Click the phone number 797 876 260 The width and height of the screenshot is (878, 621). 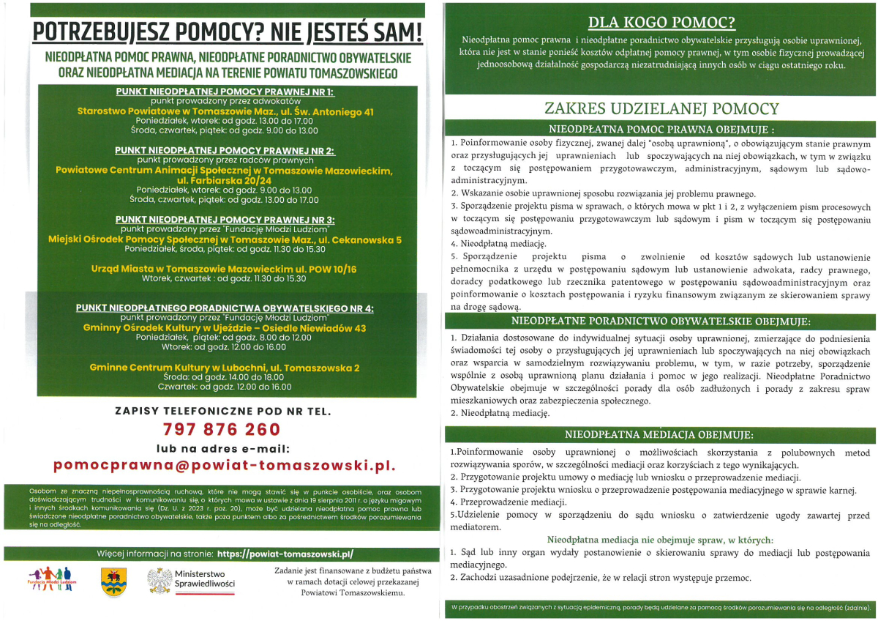point(222,429)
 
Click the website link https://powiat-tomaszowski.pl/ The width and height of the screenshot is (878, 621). point(285,554)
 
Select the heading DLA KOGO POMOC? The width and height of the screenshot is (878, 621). point(662,23)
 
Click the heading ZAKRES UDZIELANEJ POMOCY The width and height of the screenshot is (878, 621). point(661,108)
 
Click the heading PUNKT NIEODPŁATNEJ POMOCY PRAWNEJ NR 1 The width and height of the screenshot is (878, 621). point(225,92)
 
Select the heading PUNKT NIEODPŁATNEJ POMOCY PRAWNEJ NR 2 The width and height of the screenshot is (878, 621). point(225,150)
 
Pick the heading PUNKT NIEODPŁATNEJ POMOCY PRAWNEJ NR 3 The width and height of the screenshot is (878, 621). point(225,220)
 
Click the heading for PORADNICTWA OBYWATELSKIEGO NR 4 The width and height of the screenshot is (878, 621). point(225,308)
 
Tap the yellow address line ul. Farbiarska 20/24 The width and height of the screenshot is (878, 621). point(225,180)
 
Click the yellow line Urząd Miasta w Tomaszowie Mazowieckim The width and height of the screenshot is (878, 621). point(225,269)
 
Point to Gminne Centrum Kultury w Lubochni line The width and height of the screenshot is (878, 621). point(225,367)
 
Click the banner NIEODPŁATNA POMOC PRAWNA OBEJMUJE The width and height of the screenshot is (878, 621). point(661,127)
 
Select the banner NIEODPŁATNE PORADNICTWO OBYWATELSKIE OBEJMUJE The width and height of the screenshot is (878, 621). point(661,321)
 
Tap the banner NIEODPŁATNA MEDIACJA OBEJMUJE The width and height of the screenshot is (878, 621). point(661,435)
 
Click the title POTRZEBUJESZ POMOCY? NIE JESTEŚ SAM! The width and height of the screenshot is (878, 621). point(228,32)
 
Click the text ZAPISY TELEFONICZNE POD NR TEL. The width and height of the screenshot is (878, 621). point(223,411)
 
